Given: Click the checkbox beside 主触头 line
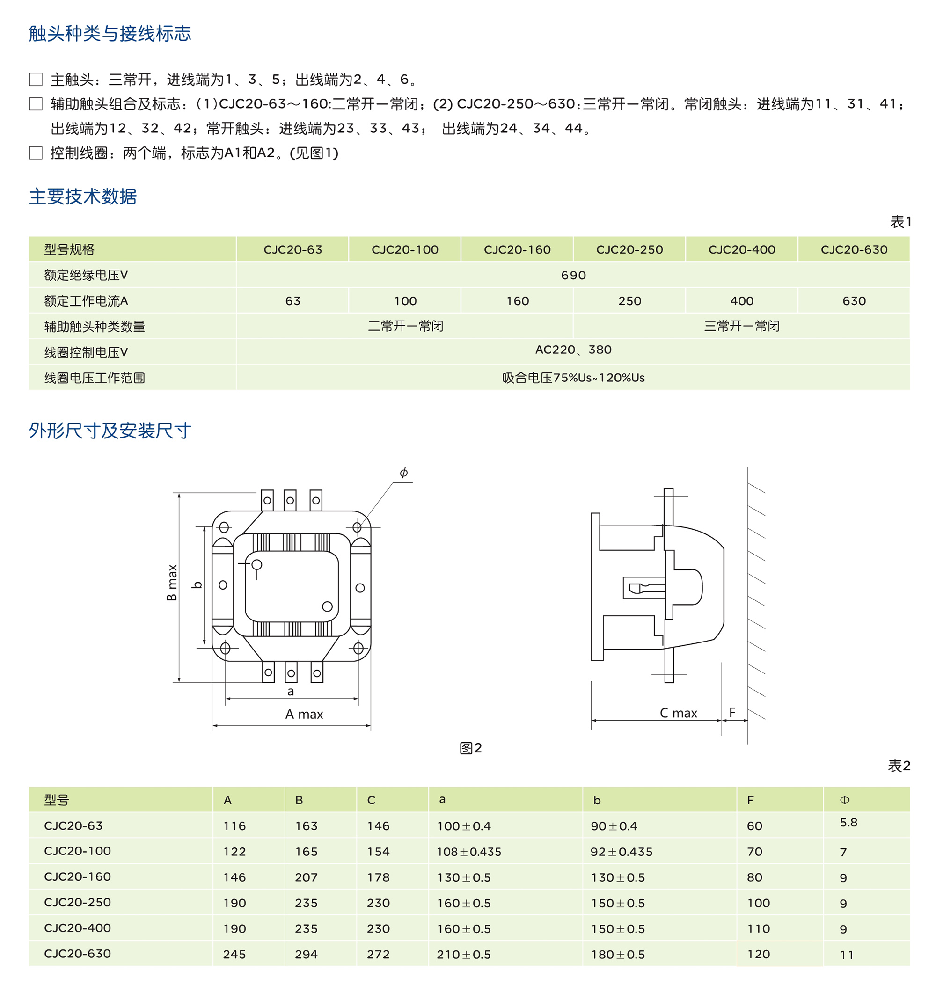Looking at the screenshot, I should tap(36, 80).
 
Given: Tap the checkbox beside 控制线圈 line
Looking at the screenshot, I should tap(36, 153).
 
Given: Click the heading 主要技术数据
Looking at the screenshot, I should tap(83, 197).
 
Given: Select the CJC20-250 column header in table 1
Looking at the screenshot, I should tap(629, 249).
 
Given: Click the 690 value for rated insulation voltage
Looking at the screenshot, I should tap(573, 275).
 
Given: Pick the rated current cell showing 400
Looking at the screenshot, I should tap(742, 301).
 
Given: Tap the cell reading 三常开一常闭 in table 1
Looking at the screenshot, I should tap(741, 327).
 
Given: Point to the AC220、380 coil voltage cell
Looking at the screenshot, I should tap(573, 350).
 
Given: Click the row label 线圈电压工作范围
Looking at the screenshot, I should tap(95, 378).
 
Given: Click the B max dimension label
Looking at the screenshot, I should tap(172, 583).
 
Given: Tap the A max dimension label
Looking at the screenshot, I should tap(304, 714).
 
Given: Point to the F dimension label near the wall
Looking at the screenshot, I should tap(732, 712).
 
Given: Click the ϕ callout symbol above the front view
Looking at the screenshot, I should tap(403, 473).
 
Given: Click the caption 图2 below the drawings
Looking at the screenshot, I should tap(471, 748).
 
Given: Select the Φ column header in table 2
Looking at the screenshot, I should tap(844, 800).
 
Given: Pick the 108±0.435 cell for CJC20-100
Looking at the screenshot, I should tap(469, 852).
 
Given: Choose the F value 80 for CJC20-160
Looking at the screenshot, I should tap(754, 878).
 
